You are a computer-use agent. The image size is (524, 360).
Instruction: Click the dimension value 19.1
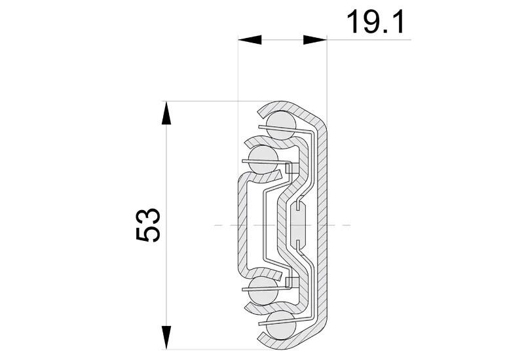pyautogui.click(x=375, y=22)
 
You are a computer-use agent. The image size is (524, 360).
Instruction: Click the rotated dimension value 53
pyautogui.click(x=149, y=225)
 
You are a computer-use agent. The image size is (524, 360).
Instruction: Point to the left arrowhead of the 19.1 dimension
pyautogui.click(x=250, y=40)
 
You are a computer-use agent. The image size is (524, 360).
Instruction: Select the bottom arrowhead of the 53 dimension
pyautogui.click(x=167, y=337)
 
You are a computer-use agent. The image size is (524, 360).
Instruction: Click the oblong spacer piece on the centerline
pyautogui.click(x=299, y=225)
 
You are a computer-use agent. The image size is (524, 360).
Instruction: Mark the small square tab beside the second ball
pyautogui.click(x=292, y=168)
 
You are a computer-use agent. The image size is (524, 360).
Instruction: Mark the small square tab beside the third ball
pyautogui.click(x=292, y=281)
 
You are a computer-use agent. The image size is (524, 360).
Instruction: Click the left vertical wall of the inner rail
pyautogui.click(x=241, y=225)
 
